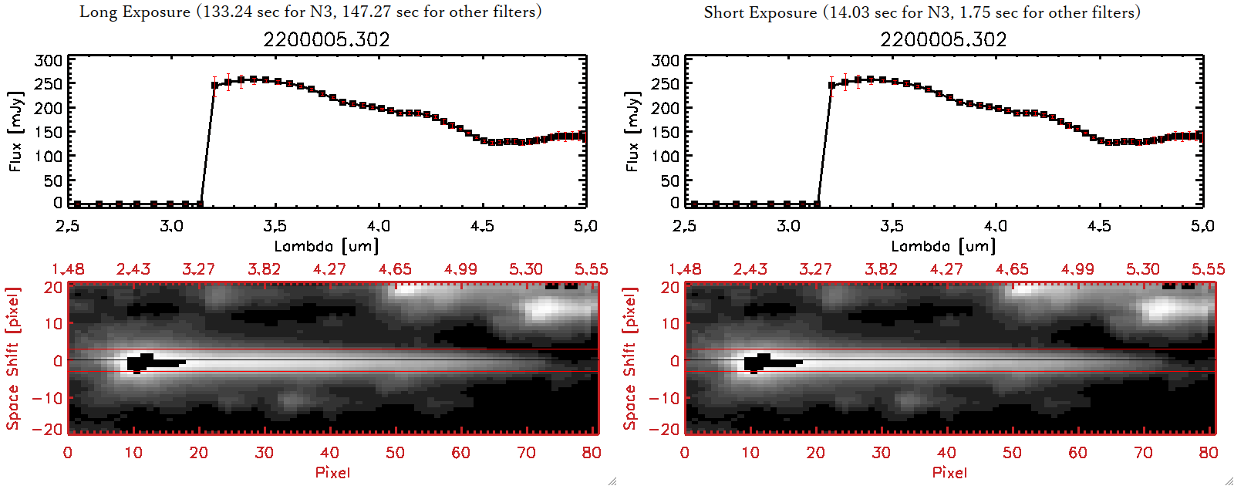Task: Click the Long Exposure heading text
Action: tap(310, 12)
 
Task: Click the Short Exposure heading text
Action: tap(922, 12)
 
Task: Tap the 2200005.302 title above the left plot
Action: tap(326, 39)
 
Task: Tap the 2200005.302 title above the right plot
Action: tap(943, 39)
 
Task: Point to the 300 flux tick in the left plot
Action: tap(49, 61)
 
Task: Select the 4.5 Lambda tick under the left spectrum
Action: tap(482, 226)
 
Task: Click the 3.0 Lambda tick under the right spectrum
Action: tap(788, 226)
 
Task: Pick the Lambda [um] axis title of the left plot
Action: tap(326, 247)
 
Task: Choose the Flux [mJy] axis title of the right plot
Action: tap(632, 131)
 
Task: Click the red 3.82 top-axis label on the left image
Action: tap(264, 269)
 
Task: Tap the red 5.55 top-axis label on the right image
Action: tap(1208, 269)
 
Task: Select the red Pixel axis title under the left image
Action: tap(332, 472)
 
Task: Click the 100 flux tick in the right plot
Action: tap(666, 157)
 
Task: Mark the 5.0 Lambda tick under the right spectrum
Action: tap(1202, 226)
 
